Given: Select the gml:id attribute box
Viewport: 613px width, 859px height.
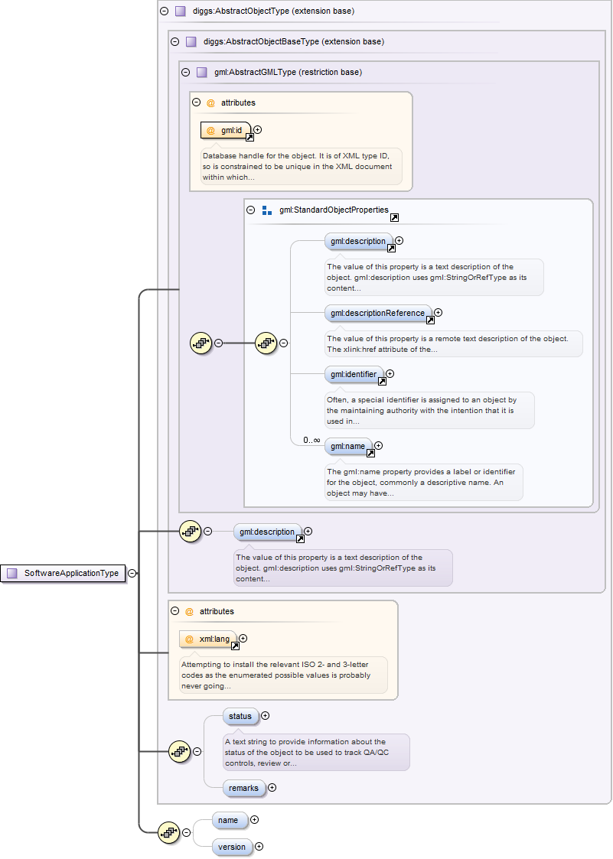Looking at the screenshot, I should (x=226, y=131).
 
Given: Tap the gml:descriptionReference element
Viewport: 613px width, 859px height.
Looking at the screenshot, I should (x=377, y=313).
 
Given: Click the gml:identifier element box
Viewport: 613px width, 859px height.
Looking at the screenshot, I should (x=354, y=374).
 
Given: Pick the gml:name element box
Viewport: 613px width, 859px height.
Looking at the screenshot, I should (x=347, y=446).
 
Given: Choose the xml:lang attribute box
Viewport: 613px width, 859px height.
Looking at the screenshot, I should (x=207, y=639).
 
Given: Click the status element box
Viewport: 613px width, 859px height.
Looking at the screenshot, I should (x=240, y=716).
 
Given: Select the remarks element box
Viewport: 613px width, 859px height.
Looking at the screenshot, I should (x=243, y=788).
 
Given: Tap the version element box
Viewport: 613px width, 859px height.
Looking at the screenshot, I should (x=232, y=847).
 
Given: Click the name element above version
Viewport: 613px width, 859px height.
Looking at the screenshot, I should (x=228, y=820).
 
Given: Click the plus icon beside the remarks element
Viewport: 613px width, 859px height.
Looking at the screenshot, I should (x=272, y=788).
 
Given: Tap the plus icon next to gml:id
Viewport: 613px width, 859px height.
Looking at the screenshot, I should (x=258, y=130).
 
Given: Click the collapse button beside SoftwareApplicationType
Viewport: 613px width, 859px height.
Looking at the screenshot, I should (x=132, y=573).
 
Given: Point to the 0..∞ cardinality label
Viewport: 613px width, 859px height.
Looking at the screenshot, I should (x=311, y=440).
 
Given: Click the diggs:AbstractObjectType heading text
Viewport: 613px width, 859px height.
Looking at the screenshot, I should (x=273, y=11).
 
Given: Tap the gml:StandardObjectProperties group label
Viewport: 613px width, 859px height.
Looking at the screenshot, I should (x=334, y=210).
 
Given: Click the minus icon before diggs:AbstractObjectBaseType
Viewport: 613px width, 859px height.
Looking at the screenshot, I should (x=174, y=41).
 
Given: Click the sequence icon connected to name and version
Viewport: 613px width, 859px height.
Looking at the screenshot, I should (x=168, y=832).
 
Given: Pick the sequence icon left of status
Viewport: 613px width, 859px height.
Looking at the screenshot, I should (x=179, y=752).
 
